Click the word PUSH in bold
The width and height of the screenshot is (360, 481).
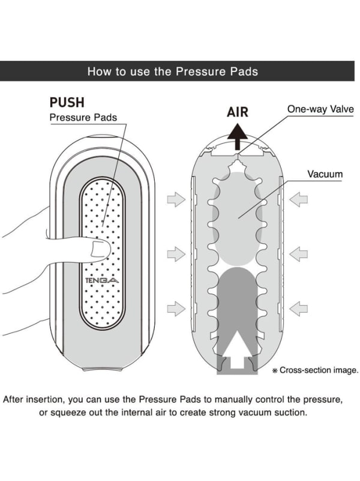(x=66, y=103)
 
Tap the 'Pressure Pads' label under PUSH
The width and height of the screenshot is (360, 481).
(x=83, y=118)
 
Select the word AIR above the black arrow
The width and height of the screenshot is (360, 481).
(x=237, y=112)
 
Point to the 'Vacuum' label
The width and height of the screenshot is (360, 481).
(x=325, y=175)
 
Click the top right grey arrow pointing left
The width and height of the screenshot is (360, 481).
(x=298, y=199)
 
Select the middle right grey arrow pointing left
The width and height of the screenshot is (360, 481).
(x=298, y=253)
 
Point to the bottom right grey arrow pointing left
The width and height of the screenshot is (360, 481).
(x=298, y=309)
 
